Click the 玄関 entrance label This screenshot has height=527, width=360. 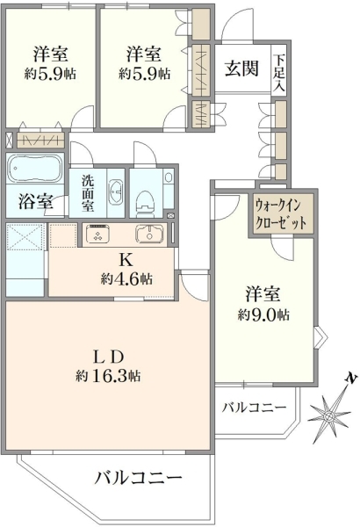pyautogui.click(x=241, y=69)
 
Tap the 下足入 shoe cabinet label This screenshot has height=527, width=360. pyautogui.click(x=279, y=73)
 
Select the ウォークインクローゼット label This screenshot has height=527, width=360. pyautogui.click(x=281, y=213)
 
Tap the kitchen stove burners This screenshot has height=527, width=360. pyautogui.click(x=98, y=234)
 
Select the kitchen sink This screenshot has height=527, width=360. pyautogui.click(x=149, y=233)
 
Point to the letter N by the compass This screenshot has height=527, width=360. pyautogui.click(x=351, y=379)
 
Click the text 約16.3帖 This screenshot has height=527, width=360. pyautogui.click(x=108, y=376)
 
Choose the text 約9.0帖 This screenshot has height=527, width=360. pyautogui.click(x=264, y=315)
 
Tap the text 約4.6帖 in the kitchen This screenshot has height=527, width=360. pyautogui.click(x=126, y=278)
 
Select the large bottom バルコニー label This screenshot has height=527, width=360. pyautogui.click(x=138, y=476)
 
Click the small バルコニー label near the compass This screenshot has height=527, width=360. pyautogui.click(x=254, y=408)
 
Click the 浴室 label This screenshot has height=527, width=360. pyautogui.click(x=35, y=201)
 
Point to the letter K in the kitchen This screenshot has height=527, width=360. pyautogui.click(x=125, y=259)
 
